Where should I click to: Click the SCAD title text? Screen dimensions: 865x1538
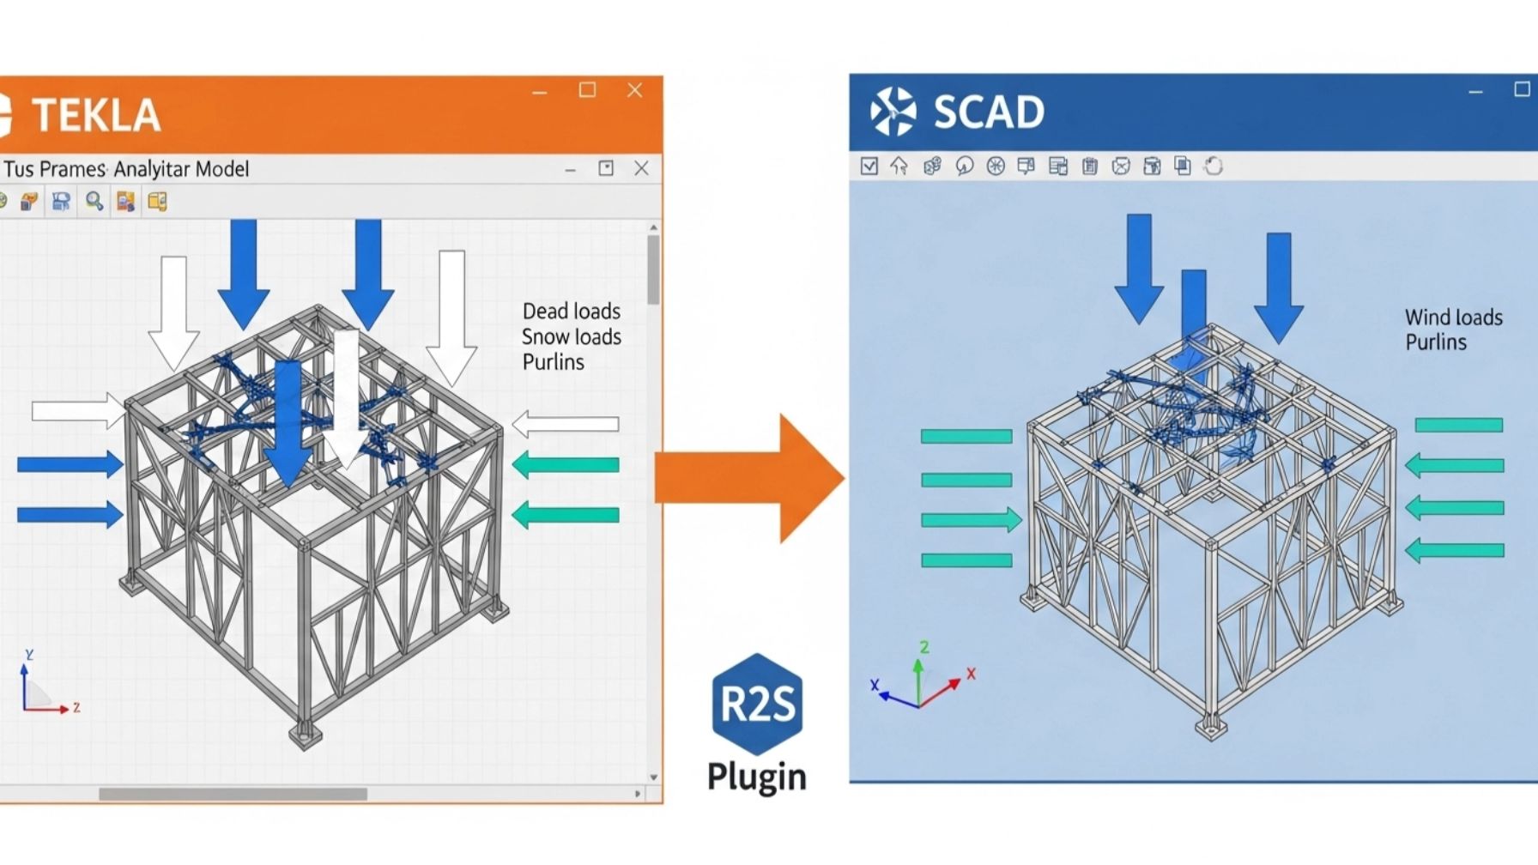[988, 112]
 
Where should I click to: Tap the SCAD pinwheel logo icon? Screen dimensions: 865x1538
[893, 112]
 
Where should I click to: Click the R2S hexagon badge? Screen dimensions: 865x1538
[757, 704]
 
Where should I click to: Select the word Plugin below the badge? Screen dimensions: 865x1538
[756, 777]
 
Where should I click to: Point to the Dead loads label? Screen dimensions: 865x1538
[571, 311]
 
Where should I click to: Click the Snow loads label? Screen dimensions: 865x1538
[571, 336]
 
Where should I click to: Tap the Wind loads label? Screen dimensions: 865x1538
[1453, 318]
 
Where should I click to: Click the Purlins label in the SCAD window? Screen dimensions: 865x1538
[1435, 342]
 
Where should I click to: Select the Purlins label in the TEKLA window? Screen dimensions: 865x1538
[553, 362]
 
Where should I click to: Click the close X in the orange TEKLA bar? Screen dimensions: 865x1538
[634, 90]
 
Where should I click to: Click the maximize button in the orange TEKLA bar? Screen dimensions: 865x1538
[587, 90]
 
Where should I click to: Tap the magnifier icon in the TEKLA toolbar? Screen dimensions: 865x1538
[94, 202]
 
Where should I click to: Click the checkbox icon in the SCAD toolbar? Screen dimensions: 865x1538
[869, 166]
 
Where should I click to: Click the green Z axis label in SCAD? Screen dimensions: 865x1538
[924, 647]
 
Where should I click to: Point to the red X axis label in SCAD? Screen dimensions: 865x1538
[971, 674]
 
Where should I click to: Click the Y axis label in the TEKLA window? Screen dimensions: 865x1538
[29, 655]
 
